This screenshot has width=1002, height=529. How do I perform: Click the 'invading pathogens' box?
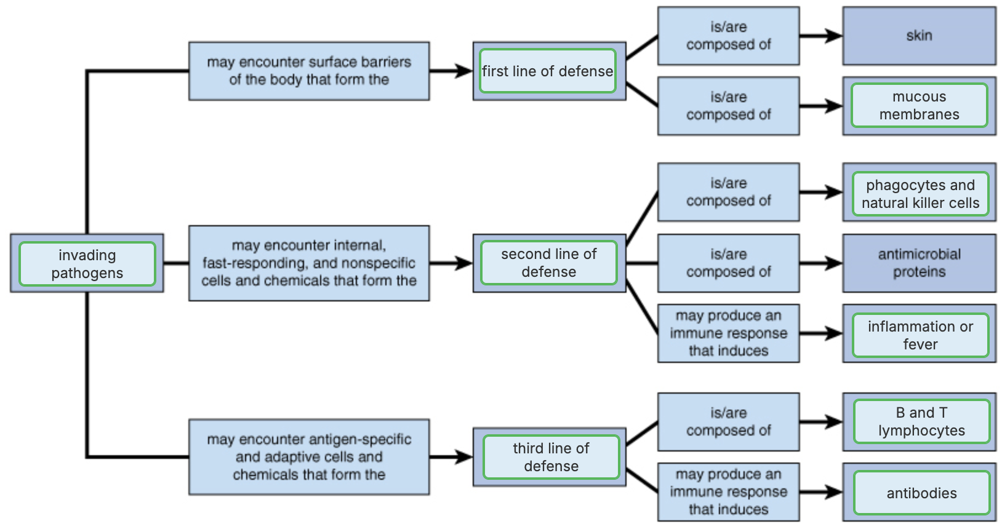[87, 264]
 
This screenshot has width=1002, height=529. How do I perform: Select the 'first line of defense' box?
[547, 71]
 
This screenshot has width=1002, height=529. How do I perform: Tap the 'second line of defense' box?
[548, 263]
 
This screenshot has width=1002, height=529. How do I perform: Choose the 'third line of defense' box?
[551, 457]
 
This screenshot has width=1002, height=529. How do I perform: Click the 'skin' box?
[918, 36]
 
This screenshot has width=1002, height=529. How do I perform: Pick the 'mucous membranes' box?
[919, 106]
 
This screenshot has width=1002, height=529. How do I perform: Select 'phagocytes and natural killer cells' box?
[920, 194]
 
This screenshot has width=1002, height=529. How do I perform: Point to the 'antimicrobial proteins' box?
[918, 263]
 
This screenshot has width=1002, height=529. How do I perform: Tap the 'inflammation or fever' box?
[920, 335]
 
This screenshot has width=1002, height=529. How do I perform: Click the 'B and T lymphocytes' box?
[921, 422]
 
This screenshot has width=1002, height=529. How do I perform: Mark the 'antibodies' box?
[921, 493]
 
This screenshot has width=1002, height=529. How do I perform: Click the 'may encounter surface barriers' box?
[309, 71]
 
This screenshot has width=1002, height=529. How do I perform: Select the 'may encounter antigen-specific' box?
[309, 457]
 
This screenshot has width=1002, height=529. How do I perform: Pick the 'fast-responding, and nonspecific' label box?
[309, 263]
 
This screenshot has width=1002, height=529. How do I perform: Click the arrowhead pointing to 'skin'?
[835, 36]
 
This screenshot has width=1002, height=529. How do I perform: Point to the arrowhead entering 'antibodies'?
[835, 492]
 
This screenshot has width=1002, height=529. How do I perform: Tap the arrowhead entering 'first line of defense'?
[465, 71]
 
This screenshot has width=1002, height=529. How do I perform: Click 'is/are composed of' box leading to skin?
[728, 36]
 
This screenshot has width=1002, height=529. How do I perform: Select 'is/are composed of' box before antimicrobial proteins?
[728, 263]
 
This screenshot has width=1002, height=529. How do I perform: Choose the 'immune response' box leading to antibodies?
[728, 492]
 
